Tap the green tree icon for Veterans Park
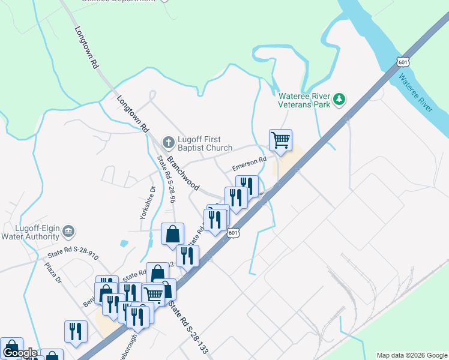pos(340,98)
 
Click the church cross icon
pos(169,143)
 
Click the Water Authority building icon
pos(69,231)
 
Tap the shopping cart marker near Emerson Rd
pos(280,141)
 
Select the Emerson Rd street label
pos(249,163)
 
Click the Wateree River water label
pos(415,93)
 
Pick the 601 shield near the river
pos(403,61)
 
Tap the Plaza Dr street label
pos(53,272)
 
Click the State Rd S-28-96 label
pos(166,179)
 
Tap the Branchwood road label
pos(182,174)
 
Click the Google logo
pos(20,353)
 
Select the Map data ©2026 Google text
pos(411,355)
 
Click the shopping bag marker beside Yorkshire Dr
pos(172,234)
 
